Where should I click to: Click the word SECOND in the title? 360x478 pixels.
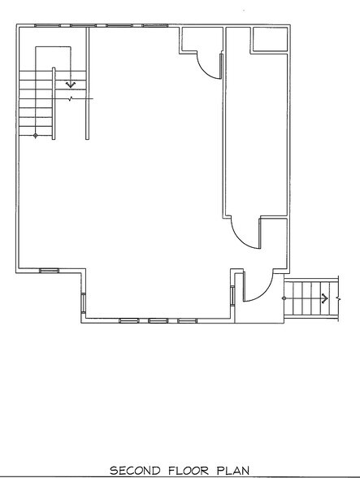click(135, 469)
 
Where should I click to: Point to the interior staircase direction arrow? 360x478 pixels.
click(70, 82)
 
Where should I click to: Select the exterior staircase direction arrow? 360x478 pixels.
click(325, 298)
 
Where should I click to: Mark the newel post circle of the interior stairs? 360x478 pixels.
click(35, 136)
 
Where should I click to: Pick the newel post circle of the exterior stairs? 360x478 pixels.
click(284, 298)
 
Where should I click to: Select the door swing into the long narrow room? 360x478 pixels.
click(245, 237)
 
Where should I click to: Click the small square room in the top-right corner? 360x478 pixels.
click(269, 39)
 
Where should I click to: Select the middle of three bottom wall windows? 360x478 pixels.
click(158, 320)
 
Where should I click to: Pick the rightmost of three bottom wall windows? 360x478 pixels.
click(187, 320)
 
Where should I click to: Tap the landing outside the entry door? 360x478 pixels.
click(258, 313)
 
